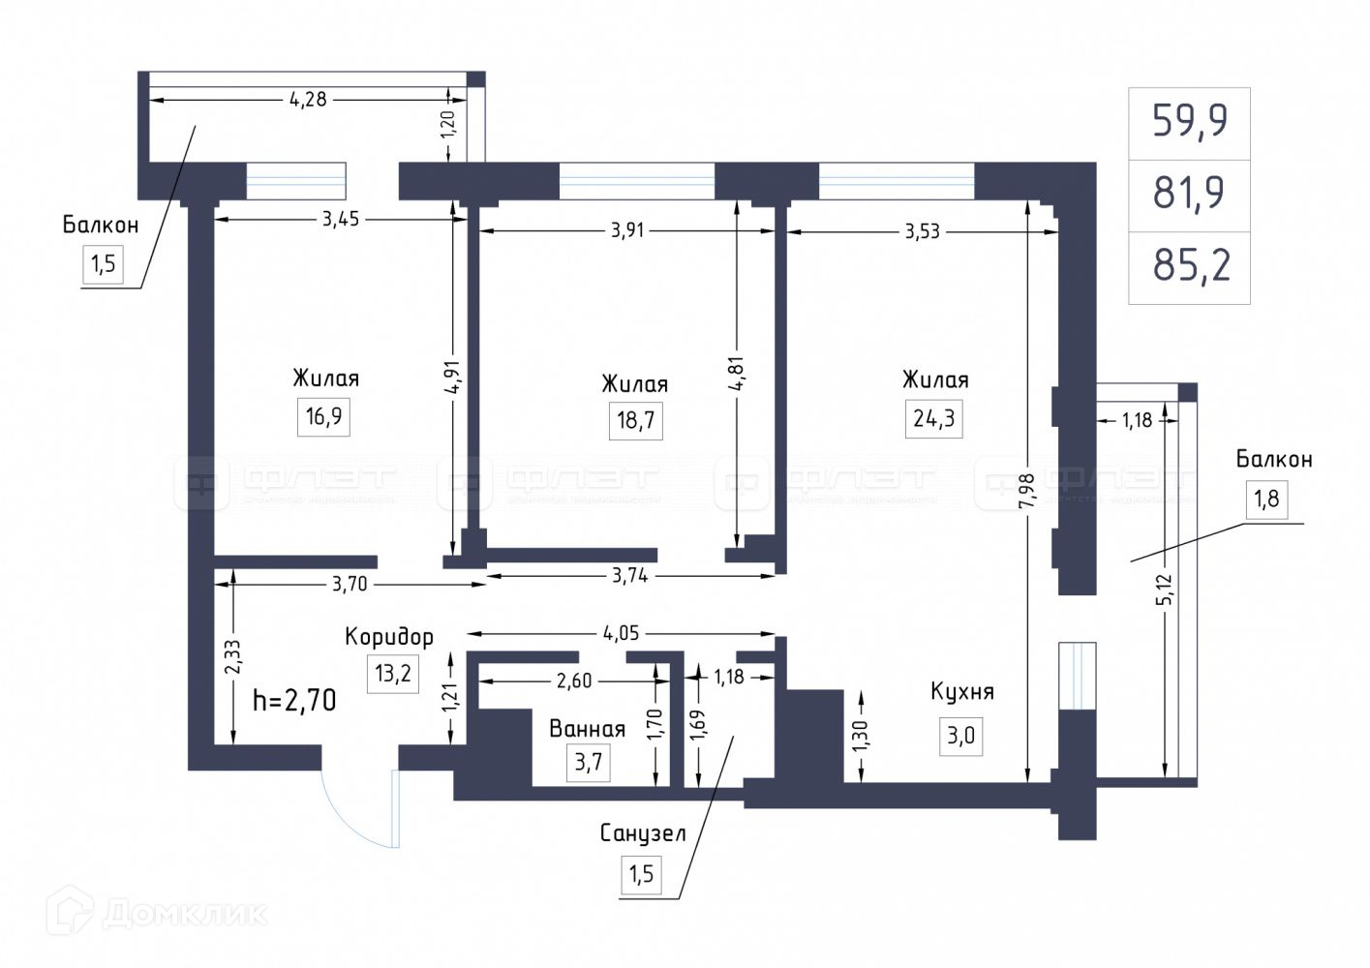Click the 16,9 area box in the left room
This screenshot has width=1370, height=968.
323,417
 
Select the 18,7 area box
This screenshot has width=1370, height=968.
635,421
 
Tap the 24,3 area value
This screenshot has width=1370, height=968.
933,418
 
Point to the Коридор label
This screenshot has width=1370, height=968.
389,637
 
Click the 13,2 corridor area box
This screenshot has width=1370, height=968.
393,673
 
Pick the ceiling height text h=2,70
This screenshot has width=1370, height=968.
294,700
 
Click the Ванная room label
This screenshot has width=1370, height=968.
587,728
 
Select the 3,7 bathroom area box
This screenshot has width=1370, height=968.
588,762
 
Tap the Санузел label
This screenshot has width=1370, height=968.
643,833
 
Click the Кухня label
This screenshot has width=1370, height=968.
961,692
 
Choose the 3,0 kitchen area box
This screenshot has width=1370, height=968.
960,736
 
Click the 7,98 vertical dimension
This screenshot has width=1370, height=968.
1026,490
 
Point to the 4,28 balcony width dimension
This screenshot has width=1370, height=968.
308,99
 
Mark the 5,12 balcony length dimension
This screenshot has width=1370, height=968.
1164,590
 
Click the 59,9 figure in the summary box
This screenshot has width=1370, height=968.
1190,121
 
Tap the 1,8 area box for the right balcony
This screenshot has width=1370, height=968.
1266,499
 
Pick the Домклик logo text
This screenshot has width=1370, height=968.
184,913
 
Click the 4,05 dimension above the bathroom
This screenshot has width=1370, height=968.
621,634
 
